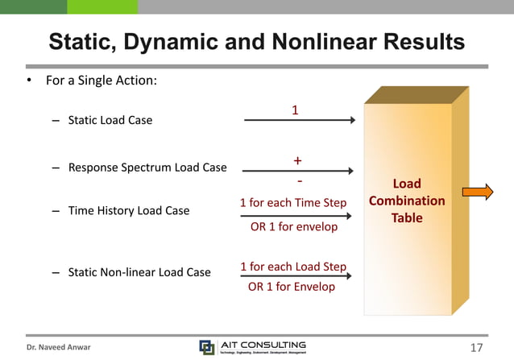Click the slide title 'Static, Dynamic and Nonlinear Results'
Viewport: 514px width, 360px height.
pos(256,41)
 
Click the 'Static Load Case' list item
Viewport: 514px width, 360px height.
pos(110,121)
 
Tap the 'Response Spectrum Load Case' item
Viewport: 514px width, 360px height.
pos(147,168)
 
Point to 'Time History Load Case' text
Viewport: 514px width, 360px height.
pos(128,210)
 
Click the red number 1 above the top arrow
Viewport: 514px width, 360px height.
pos(296,109)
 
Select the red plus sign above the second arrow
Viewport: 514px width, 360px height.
pos(297,160)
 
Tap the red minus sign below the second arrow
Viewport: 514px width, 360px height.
pos(300,181)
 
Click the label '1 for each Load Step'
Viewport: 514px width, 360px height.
pos(293,267)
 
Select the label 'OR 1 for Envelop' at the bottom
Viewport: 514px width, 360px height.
pos(291,287)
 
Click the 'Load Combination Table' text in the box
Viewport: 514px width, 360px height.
pos(407,201)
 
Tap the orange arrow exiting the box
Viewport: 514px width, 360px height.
pos(477,192)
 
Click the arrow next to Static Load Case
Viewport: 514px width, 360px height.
pos(299,121)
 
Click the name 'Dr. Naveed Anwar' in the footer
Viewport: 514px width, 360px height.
pos(59,347)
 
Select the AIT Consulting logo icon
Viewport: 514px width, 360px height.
pos(207,347)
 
